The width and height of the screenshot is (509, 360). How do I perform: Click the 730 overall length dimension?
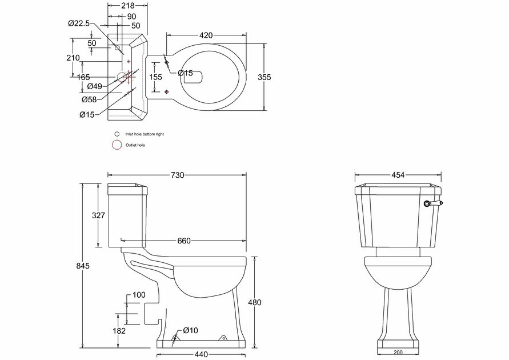coord(178,175)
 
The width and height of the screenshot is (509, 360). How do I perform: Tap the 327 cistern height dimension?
coord(99,215)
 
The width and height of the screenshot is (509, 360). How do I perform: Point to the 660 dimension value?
coord(184,241)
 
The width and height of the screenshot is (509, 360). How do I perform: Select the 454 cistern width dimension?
coord(399,175)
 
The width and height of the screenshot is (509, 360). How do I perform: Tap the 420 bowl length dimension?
coord(206,35)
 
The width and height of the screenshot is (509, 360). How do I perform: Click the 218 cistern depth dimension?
coord(129,6)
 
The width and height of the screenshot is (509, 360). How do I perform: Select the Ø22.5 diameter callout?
coord(78,23)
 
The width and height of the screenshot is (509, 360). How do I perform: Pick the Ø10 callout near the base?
coord(191,331)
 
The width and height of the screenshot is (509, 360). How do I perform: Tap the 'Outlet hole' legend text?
coord(135,145)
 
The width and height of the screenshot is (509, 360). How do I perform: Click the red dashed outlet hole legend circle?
coord(117,145)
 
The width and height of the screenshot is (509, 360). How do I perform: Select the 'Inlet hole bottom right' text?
coord(148,134)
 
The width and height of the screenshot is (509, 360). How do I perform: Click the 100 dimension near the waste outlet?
coord(139,294)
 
